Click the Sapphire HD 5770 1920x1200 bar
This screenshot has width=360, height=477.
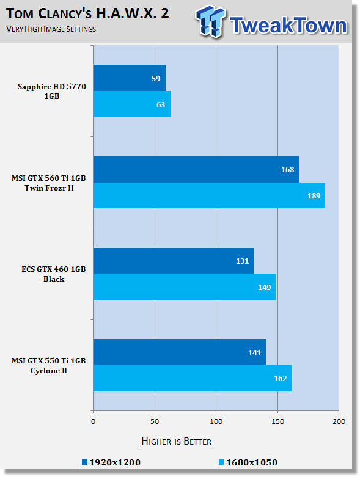click(x=130, y=78)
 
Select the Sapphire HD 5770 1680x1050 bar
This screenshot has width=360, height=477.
click(x=132, y=104)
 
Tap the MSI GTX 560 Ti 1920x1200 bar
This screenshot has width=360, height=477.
click(x=196, y=169)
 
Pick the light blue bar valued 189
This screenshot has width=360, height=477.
click(x=209, y=195)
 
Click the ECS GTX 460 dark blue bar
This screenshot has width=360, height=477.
click(x=174, y=261)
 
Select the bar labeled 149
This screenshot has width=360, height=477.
click(x=185, y=287)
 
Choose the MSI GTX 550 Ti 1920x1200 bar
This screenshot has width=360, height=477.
click(x=180, y=352)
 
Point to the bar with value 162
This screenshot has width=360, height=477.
click(x=193, y=379)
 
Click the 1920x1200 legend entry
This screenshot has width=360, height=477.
click(x=111, y=462)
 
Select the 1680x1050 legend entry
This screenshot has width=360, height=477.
click(x=248, y=462)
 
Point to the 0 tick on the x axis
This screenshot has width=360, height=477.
click(x=93, y=421)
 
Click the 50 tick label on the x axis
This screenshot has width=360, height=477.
click(x=155, y=421)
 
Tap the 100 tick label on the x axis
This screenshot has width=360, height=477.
click(x=216, y=421)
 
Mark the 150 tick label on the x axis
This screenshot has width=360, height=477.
click(x=277, y=421)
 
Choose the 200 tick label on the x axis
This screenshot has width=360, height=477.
click(x=339, y=421)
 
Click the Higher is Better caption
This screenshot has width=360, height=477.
click(x=176, y=442)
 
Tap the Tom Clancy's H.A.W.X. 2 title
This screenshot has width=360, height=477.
click(x=87, y=13)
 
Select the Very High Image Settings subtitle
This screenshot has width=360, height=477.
click(x=51, y=29)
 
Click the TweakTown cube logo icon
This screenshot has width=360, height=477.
click(x=210, y=21)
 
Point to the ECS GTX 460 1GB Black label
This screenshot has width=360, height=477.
click(x=54, y=274)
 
